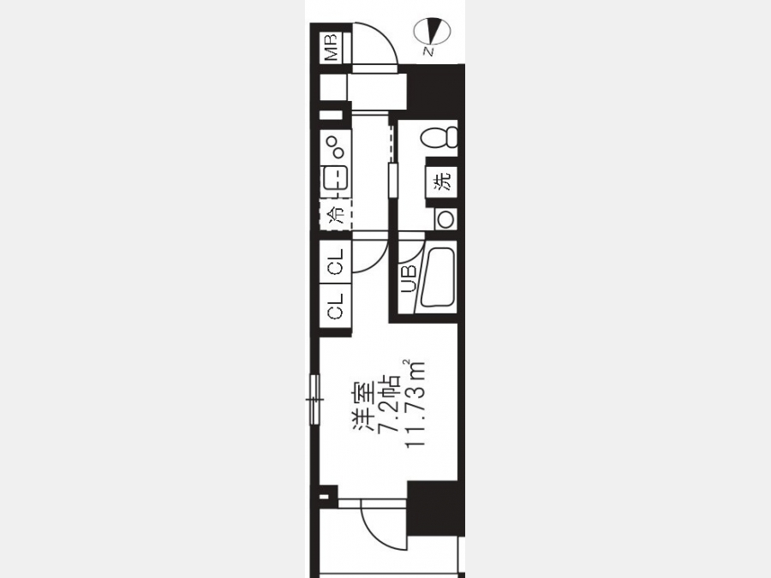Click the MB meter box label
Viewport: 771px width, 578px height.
pos(331,47)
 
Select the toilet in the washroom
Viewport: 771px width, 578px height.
pos(439,137)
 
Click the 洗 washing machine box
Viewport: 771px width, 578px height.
pos(441,181)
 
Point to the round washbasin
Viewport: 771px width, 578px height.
pos(446,218)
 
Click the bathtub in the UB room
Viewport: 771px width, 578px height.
pos(437,278)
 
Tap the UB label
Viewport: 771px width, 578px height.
pos(409,279)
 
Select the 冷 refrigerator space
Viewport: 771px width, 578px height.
pos(336,214)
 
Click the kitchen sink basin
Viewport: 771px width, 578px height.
pos(335,177)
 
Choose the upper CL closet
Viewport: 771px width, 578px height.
pos(335,261)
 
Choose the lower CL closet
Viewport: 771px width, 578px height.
pos(335,307)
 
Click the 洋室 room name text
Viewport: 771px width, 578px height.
pos(363,406)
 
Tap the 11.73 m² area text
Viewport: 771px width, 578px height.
pos(414,404)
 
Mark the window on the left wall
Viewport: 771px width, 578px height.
pos(314,400)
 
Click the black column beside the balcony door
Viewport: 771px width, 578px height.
pos(436,509)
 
